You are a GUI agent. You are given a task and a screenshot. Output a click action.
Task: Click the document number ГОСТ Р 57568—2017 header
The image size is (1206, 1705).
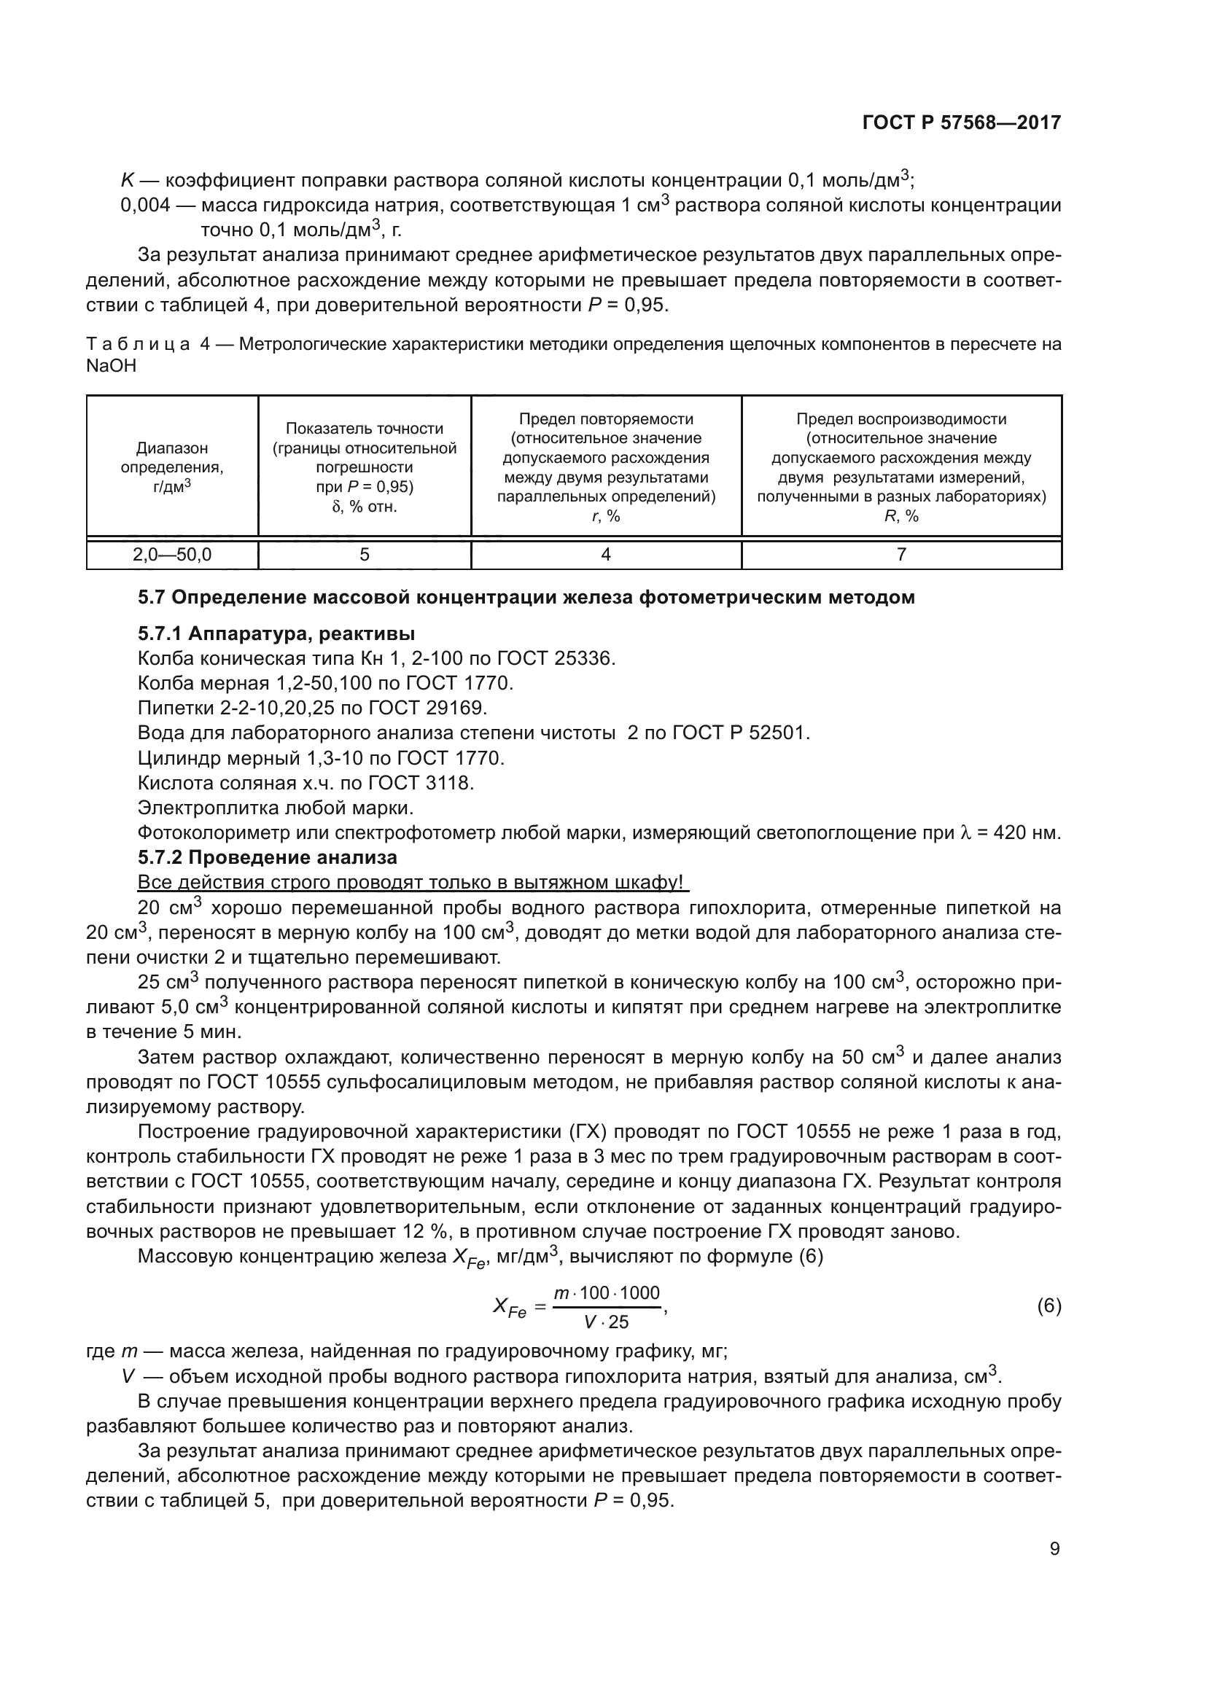(962, 122)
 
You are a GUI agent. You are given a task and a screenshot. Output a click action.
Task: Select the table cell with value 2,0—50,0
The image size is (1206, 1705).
(172, 555)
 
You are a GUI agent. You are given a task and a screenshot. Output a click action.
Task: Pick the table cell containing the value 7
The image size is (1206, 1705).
(901, 555)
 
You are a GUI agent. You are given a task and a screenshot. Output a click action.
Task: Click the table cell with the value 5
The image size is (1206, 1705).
(365, 555)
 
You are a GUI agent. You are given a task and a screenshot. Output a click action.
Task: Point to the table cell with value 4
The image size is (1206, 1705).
(606, 555)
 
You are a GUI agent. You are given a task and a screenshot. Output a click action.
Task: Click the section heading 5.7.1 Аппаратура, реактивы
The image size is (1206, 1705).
(276, 633)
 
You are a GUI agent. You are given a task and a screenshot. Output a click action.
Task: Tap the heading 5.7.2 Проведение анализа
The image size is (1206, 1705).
(268, 858)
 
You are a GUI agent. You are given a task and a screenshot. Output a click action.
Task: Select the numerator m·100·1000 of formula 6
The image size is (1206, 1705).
(607, 1293)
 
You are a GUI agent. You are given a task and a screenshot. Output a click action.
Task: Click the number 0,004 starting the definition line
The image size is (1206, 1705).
(146, 206)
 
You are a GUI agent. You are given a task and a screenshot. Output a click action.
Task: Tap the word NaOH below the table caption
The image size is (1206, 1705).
(112, 367)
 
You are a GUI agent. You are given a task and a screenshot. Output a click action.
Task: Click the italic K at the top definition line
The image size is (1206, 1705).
(127, 181)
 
